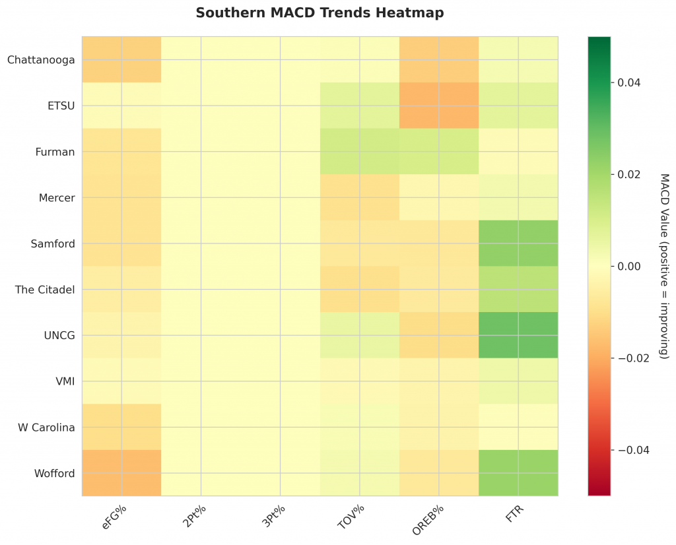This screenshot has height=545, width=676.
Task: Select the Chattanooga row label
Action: click(41, 60)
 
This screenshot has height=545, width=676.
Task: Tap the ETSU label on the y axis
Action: click(61, 106)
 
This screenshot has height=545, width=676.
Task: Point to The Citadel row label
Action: click(45, 290)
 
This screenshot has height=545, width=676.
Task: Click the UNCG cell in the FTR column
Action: click(518, 335)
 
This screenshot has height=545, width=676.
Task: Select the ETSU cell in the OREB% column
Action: click(439, 106)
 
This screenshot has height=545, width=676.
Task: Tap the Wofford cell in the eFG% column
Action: click(121, 473)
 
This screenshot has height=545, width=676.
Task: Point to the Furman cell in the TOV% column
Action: click(360, 152)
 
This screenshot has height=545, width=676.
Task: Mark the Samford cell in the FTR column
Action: click(518, 243)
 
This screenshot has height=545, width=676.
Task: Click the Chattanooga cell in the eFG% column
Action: click(121, 60)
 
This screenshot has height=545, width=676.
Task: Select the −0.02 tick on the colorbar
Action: click(632, 358)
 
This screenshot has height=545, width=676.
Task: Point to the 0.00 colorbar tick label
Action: click(628, 267)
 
